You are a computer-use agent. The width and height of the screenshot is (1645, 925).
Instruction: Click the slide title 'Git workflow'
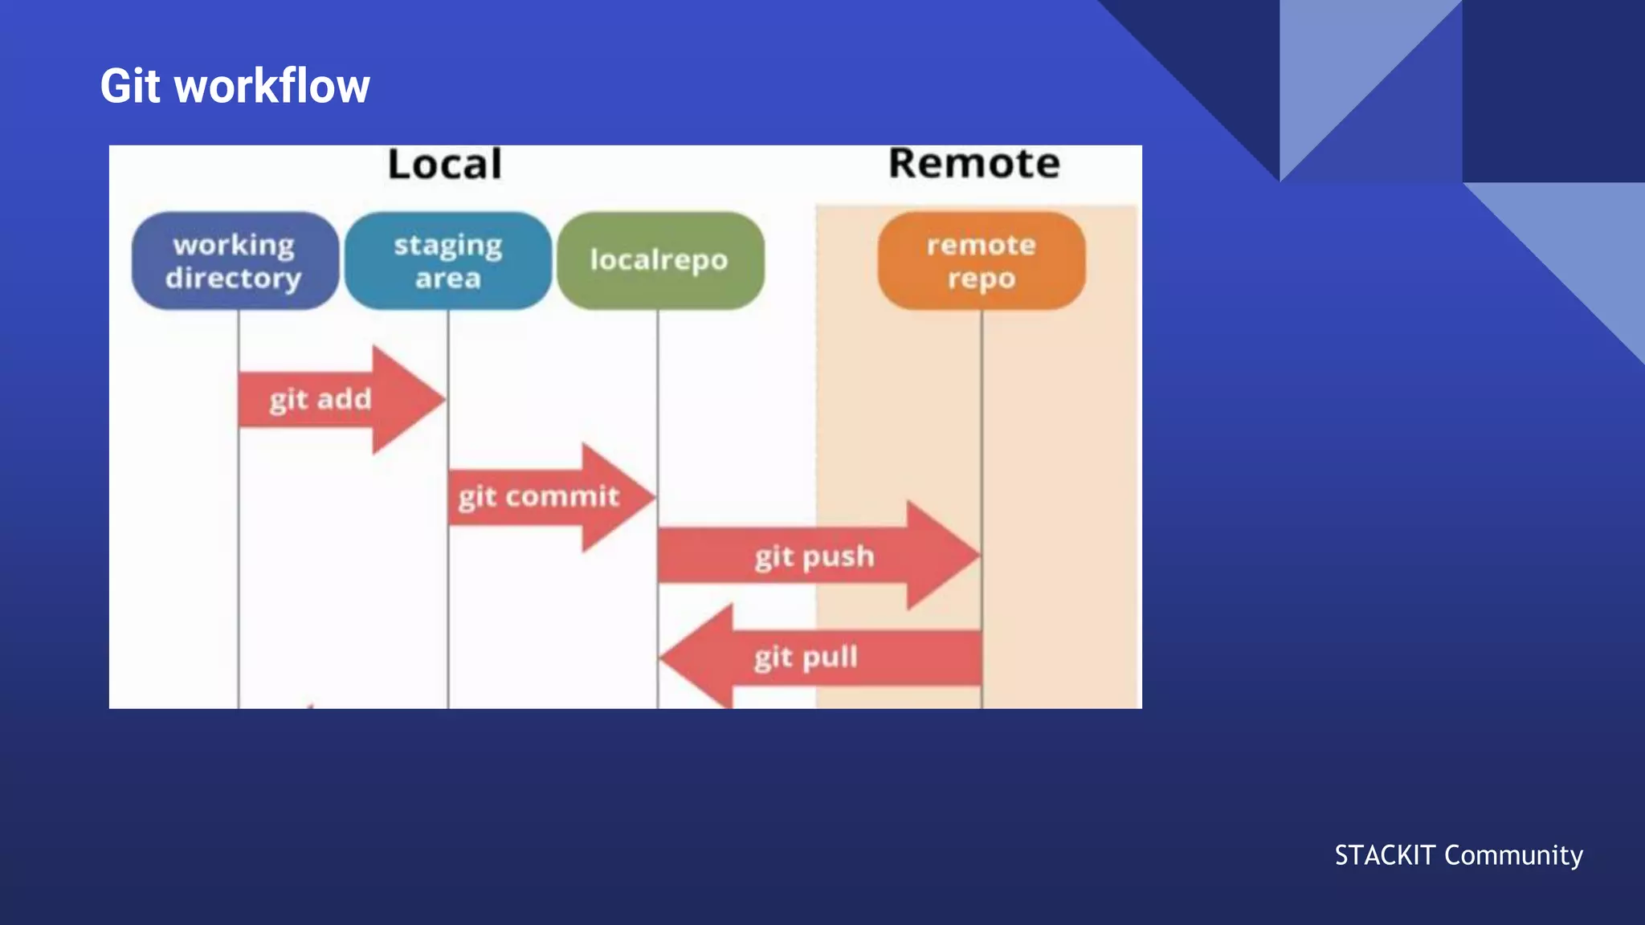[x=235, y=86]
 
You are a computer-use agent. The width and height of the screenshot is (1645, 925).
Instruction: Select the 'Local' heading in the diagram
[x=445, y=164]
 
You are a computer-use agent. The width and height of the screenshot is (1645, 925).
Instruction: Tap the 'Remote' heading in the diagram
[x=974, y=163]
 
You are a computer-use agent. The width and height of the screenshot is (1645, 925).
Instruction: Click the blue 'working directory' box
[x=235, y=261]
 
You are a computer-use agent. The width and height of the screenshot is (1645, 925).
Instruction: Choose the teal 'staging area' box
[x=448, y=261]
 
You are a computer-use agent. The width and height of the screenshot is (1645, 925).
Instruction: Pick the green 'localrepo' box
[x=659, y=260]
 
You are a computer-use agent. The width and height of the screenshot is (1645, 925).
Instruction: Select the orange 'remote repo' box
[x=981, y=261]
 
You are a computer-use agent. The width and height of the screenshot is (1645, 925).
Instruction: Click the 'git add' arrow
[x=337, y=399]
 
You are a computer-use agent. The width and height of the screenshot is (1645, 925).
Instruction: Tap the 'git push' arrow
[x=815, y=556]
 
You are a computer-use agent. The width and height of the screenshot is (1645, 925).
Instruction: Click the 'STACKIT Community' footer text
[x=1459, y=855]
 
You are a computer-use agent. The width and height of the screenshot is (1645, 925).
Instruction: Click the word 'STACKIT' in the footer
[x=1385, y=855]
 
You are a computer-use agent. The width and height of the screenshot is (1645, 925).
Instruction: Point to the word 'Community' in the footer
[x=1513, y=856]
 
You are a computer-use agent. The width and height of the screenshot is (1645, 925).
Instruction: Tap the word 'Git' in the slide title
[x=130, y=86]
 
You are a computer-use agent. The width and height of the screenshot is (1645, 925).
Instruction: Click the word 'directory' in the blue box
[x=234, y=279]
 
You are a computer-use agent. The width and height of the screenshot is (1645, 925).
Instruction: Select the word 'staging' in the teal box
[x=448, y=246]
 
